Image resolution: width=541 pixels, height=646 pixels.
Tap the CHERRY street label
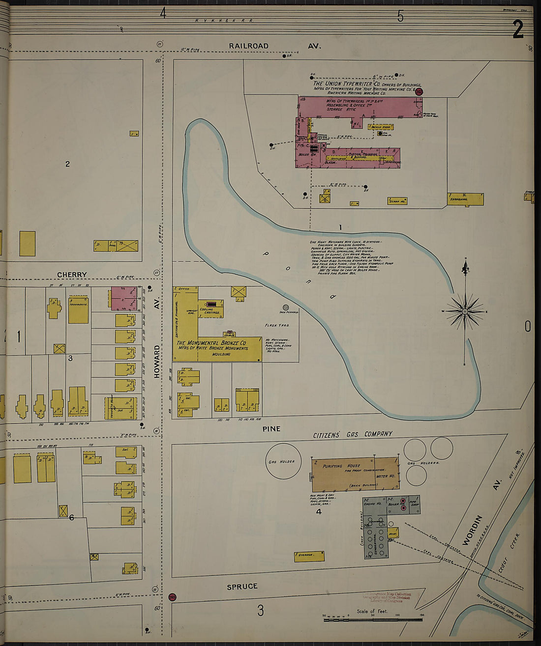click(72, 275)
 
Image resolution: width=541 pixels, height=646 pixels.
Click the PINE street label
click(271, 428)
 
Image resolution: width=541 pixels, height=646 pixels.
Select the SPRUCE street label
click(242, 586)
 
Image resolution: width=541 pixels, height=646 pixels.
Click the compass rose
click(465, 311)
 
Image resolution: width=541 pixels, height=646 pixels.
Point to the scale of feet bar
click(373, 620)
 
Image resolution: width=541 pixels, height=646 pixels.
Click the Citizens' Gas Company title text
click(353, 434)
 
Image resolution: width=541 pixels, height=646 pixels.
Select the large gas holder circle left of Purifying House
click(283, 461)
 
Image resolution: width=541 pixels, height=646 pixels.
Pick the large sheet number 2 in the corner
click(517, 29)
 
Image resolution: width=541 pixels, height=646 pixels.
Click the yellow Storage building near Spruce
click(309, 556)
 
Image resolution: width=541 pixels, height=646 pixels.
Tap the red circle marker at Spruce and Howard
click(172, 597)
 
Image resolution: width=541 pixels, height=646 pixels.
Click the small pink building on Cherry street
click(123, 298)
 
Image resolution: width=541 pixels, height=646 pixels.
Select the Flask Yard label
click(277, 325)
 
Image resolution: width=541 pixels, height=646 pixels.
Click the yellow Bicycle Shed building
click(381, 127)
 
